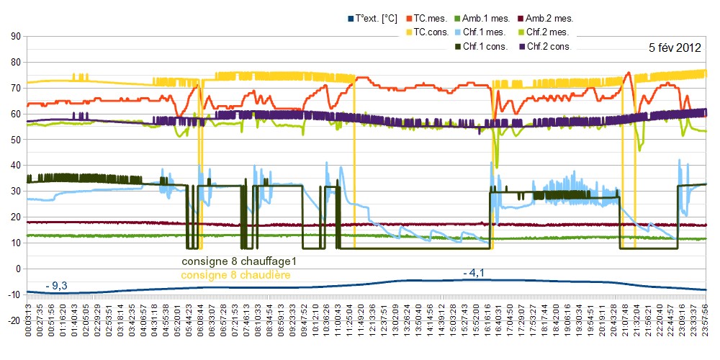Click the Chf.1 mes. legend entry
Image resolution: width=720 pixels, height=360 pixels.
(x=490, y=32)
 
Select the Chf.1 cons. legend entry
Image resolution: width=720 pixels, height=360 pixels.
(x=485, y=46)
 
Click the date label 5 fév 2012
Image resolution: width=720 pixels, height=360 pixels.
(x=675, y=48)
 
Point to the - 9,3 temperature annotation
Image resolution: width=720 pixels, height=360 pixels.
(x=56, y=286)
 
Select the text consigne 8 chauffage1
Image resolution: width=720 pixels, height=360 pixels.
(x=240, y=261)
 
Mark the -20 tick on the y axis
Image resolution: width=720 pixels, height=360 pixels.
(x=13, y=320)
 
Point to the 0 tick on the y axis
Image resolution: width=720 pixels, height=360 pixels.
(x=17, y=269)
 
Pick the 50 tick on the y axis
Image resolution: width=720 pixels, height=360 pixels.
(x=14, y=139)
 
